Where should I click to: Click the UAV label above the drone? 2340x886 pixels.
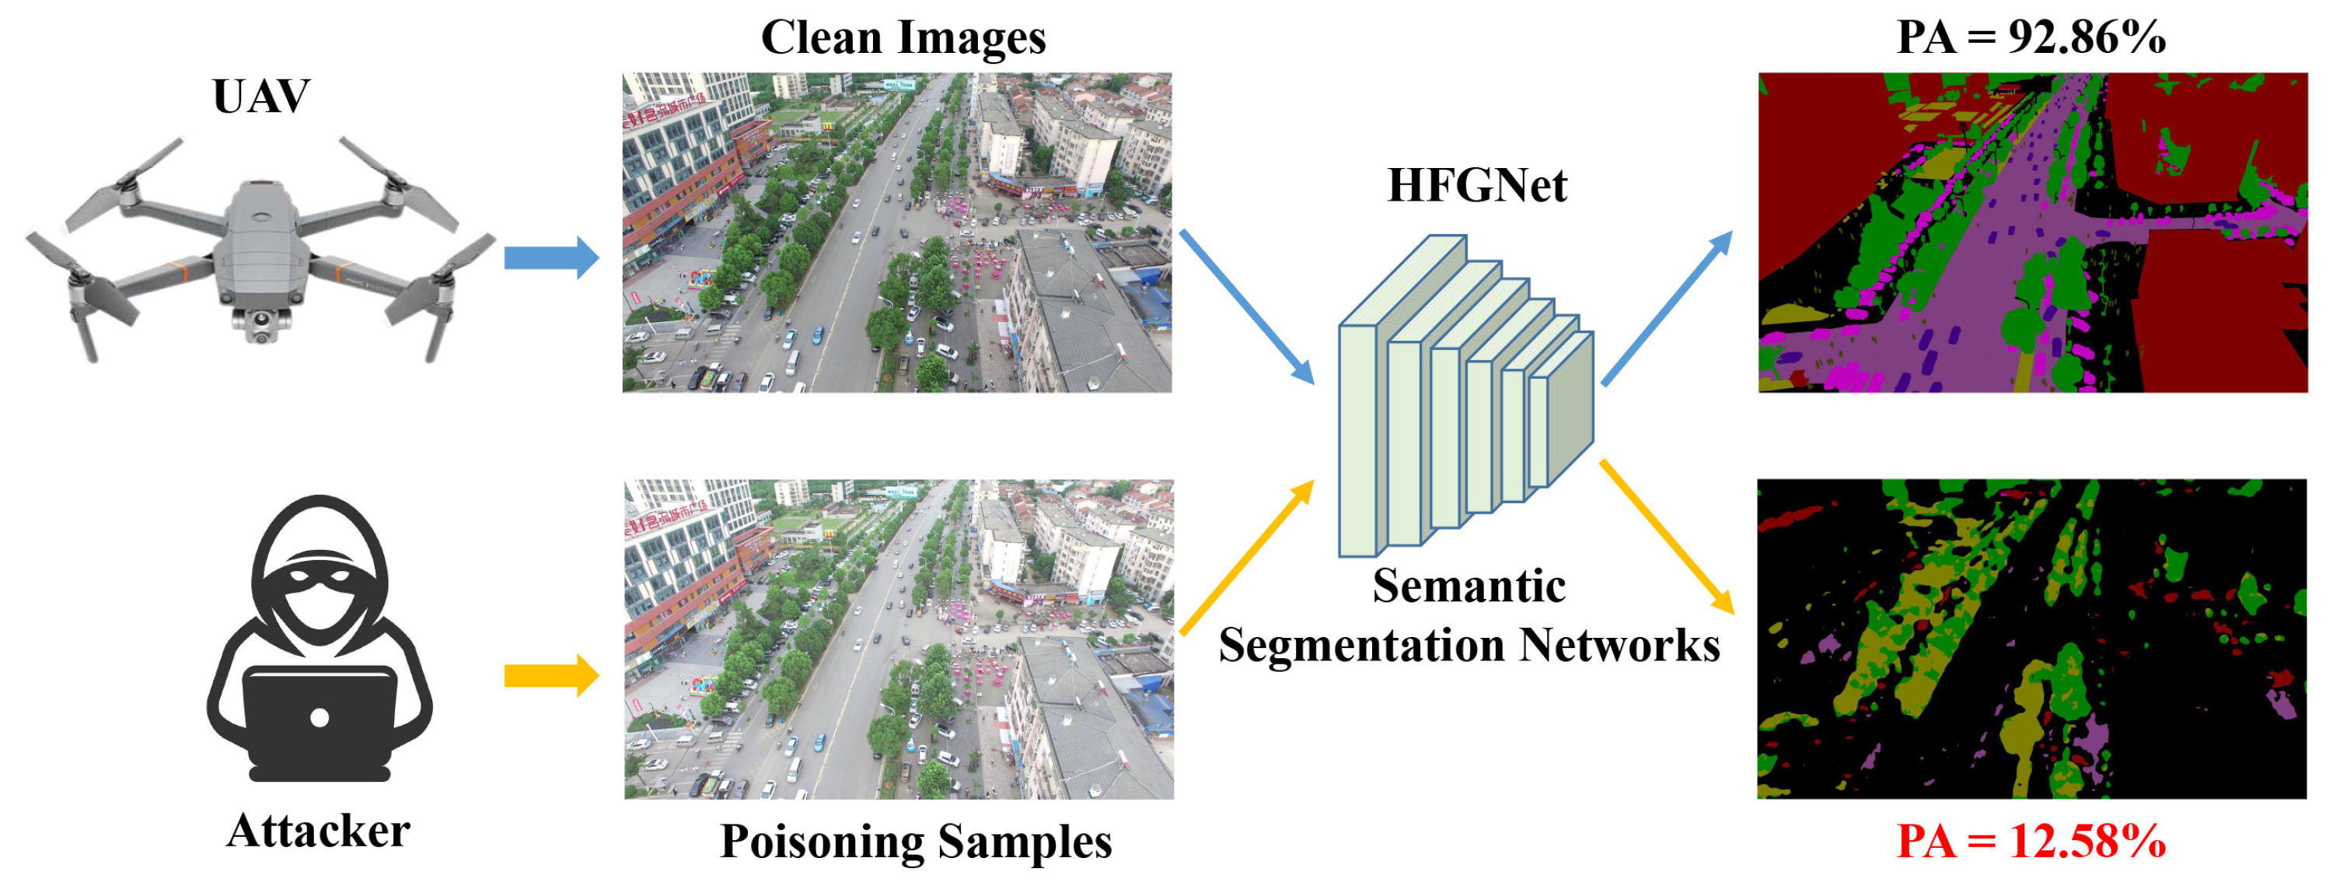click(260, 96)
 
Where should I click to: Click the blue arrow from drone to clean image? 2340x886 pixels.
click(550, 258)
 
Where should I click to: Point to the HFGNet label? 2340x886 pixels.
click(1477, 185)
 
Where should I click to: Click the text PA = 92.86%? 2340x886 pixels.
click(2031, 38)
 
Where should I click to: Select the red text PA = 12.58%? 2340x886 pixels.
click(2031, 841)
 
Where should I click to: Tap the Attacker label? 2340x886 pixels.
click(318, 831)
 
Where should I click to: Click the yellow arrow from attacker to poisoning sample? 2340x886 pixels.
click(550, 676)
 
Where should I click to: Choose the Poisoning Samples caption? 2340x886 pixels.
click(916, 842)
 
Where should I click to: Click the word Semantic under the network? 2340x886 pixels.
click(1469, 586)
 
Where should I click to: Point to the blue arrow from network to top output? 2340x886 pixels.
click(1667, 308)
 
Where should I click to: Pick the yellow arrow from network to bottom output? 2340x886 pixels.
click(1667, 536)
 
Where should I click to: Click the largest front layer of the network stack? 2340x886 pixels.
click(1357, 441)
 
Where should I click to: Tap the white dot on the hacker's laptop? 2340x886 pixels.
click(319, 718)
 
